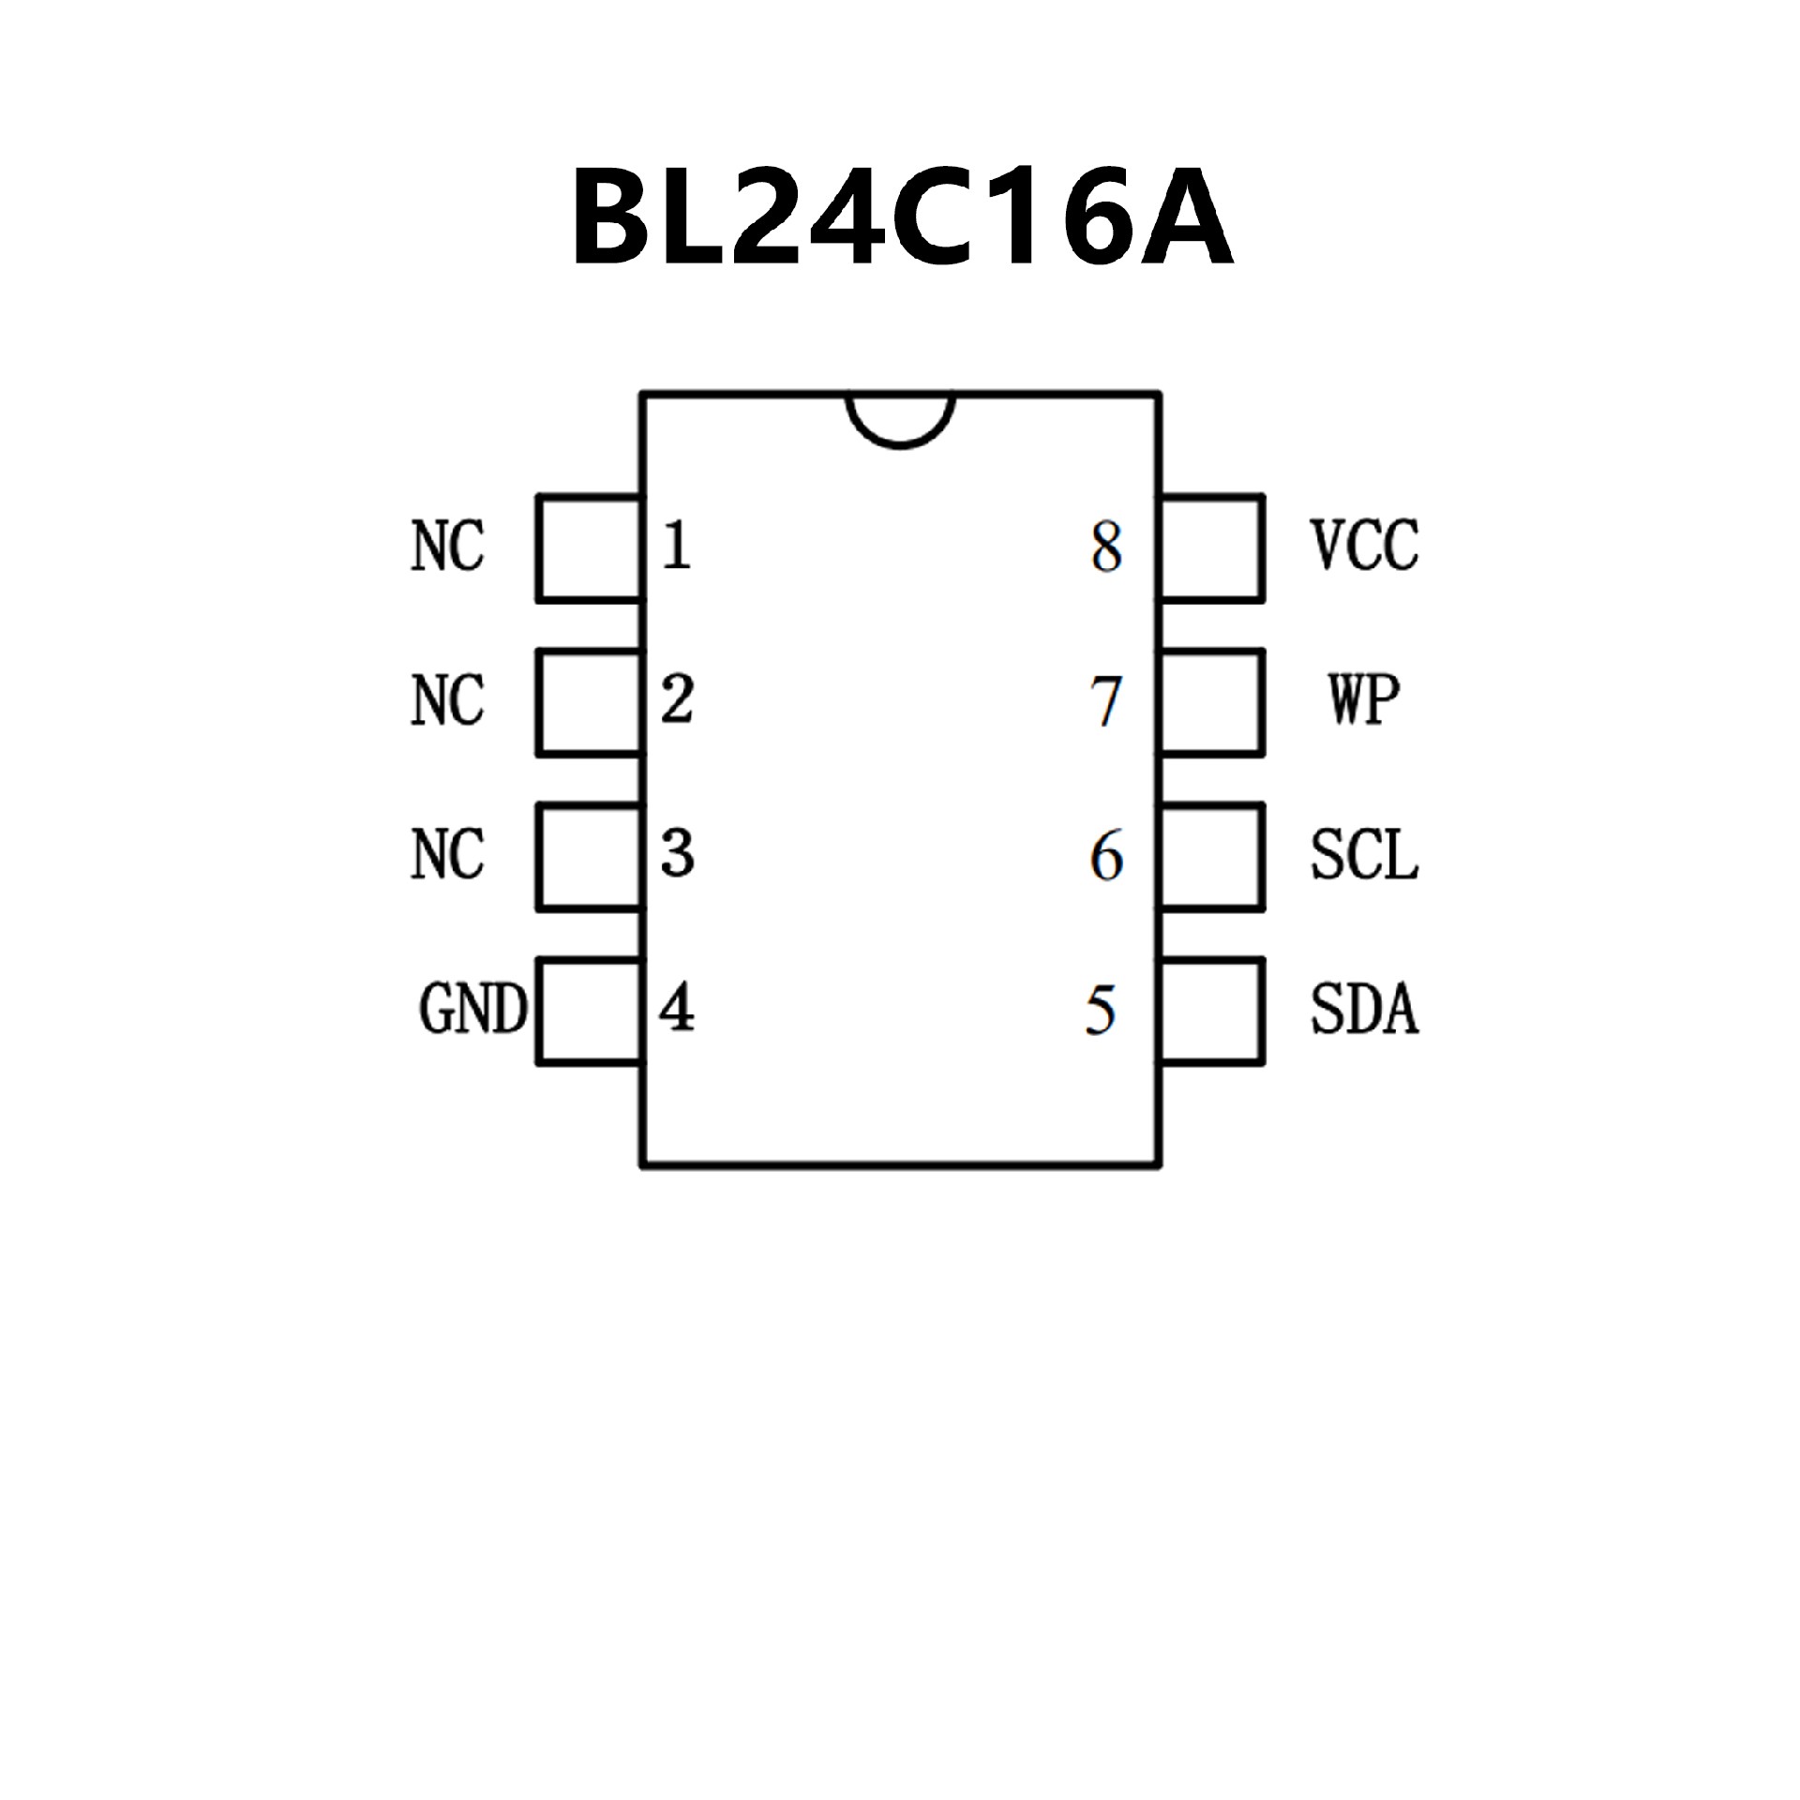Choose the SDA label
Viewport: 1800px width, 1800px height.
tap(1364, 1009)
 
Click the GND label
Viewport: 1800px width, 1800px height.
tap(472, 1009)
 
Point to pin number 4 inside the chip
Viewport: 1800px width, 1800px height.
tap(676, 1009)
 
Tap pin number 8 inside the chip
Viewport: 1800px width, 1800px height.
tap(1106, 547)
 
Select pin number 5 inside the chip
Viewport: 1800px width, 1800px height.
tap(1101, 1011)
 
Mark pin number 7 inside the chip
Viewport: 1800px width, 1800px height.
tap(1106, 701)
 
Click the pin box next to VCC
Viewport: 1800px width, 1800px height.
tap(1212, 548)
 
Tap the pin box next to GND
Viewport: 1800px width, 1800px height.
tap(590, 1011)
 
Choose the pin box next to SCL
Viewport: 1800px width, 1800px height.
tap(1212, 856)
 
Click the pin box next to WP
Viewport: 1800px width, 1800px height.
tap(1212, 702)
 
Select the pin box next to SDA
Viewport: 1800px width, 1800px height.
tap(1212, 1011)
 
